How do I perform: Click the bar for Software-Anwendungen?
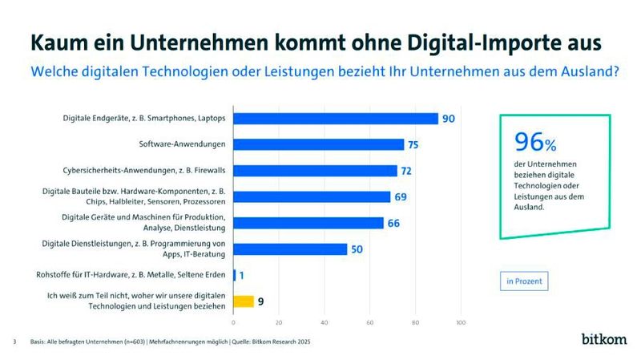tap(318, 144)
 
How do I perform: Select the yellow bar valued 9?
tap(244, 301)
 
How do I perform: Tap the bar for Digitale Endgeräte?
tap(336, 119)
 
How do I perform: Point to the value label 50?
tap(357, 249)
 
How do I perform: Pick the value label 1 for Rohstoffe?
tap(242, 275)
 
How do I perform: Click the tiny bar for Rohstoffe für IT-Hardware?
tap(234, 275)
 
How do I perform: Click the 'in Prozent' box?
tap(523, 281)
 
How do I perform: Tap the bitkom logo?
tap(606, 340)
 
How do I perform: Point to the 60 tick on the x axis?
tap(369, 323)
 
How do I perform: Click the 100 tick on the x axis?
tap(461, 323)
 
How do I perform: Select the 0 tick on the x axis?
tap(233, 323)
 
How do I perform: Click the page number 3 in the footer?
tap(14, 342)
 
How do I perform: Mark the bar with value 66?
tap(308, 223)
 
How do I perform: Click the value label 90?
tap(449, 119)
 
